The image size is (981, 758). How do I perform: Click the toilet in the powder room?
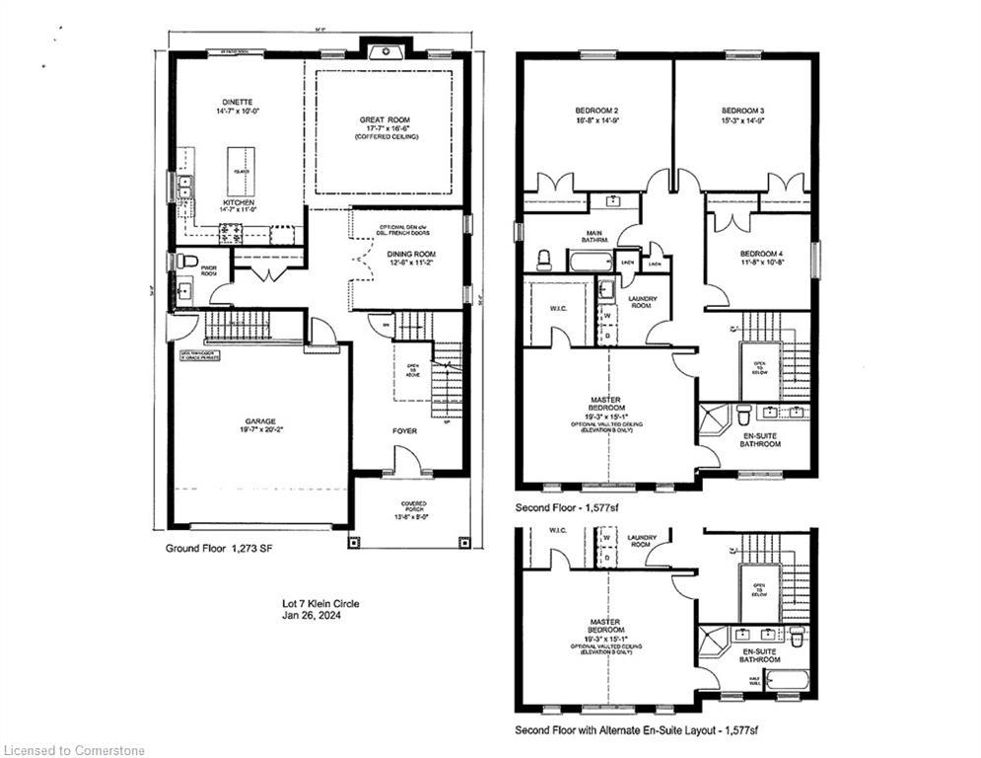[185, 261]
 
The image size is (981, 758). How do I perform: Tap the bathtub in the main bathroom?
[589, 262]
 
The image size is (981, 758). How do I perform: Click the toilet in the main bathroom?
[543, 259]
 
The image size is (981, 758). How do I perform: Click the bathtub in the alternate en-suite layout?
[787, 679]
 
